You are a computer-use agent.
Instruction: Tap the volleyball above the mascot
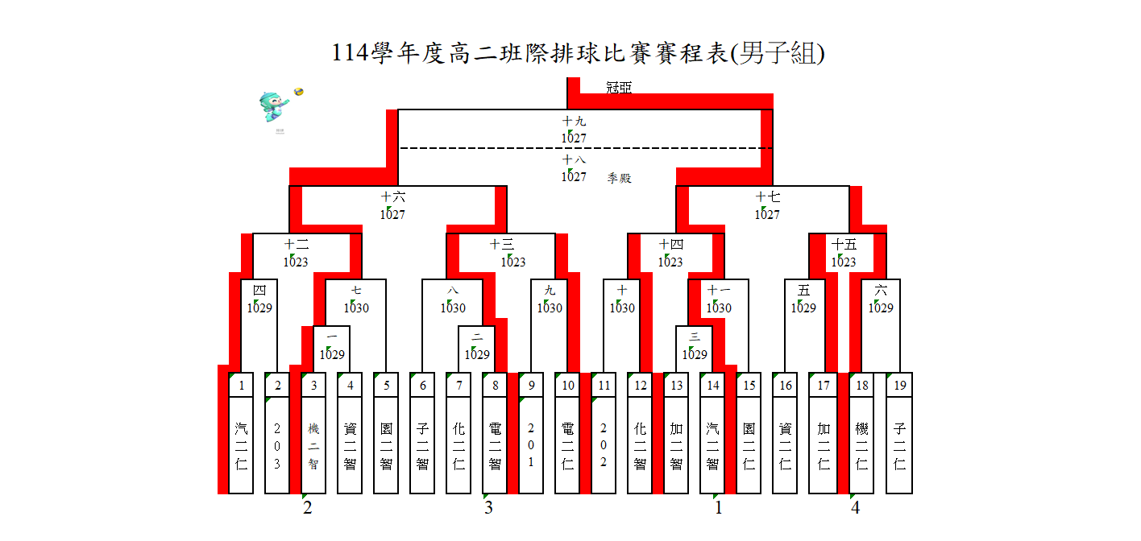click(299, 92)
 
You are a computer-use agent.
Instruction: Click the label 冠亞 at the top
click(619, 87)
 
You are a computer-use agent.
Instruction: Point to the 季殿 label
click(619, 178)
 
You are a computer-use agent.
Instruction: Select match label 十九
click(574, 122)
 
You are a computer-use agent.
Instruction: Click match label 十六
click(393, 196)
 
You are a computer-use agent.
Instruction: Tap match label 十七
click(767, 196)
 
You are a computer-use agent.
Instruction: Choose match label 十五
click(844, 244)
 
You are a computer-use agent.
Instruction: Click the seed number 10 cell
click(568, 386)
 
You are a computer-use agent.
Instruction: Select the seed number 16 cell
click(786, 386)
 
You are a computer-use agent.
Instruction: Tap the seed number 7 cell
click(459, 386)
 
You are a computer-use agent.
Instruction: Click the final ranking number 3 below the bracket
click(488, 508)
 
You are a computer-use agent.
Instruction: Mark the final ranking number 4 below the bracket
click(855, 508)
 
